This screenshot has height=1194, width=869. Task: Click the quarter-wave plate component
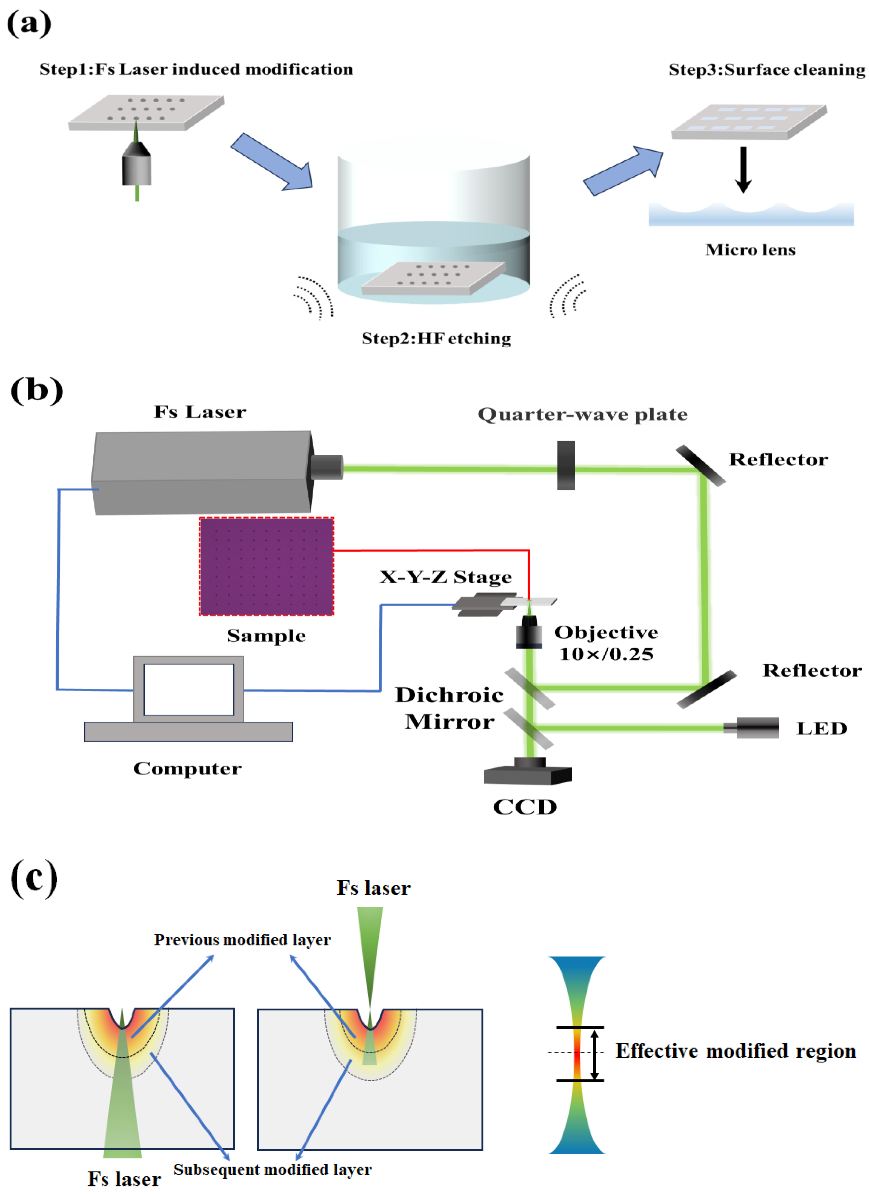coord(566,465)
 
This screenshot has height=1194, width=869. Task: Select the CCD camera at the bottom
coord(528,771)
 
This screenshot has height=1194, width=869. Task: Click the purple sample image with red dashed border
coord(266,567)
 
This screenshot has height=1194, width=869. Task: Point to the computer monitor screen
coord(189,690)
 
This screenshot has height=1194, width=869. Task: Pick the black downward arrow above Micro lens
coord(743,170)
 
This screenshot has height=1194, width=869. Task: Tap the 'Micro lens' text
coord(750,250)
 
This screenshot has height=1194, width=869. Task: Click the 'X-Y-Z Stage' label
coord(446,577)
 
